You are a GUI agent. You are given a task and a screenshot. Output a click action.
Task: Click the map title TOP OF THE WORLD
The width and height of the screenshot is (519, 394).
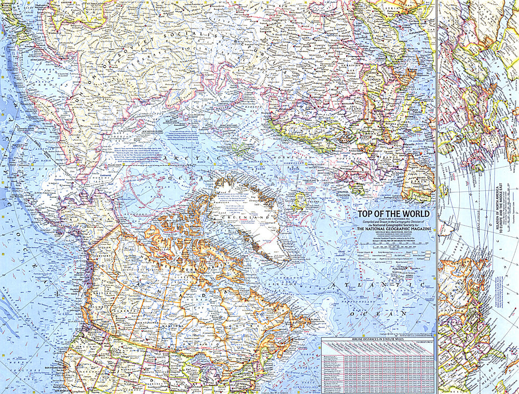(392, 214)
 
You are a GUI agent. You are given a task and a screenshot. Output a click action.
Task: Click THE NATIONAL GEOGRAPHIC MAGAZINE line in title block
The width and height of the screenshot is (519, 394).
(393, 230)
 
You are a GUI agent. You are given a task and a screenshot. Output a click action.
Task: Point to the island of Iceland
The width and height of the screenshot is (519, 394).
(299, 201)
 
